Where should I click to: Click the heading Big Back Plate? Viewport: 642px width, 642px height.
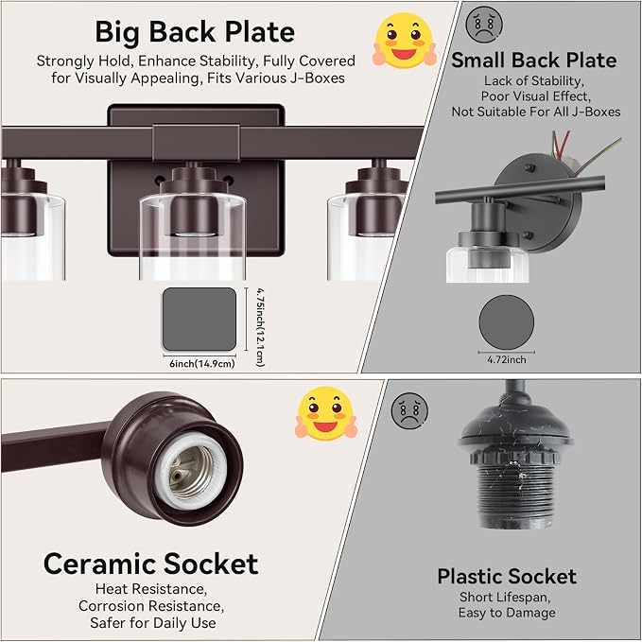coord(195,33)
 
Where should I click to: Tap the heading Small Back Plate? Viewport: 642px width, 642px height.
coord(534,61)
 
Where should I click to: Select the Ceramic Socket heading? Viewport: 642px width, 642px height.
coord(150,564)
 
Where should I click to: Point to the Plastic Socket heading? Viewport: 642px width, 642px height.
coord(507,577)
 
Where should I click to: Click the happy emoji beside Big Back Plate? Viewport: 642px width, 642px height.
coord(405,41)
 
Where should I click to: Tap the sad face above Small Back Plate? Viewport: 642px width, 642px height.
coord(484,24)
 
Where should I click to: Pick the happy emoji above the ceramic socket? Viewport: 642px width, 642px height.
coord(326,412)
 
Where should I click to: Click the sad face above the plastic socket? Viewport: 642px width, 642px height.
coord(409,411)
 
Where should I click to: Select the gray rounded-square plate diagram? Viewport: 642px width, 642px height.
coord(200,320)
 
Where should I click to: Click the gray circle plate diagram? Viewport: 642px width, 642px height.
coord(507,322)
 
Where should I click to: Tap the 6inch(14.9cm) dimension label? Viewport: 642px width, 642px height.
coord(202,364)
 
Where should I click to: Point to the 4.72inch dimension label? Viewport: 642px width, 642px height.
coord(507,359)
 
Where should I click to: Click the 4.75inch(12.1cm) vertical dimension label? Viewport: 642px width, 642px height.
coord(260,327)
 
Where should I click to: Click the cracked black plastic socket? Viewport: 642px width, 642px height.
coord(514,463)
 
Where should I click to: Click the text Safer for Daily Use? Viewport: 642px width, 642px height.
coord(153,623)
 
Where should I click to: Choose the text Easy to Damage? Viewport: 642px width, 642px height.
coord(507,613)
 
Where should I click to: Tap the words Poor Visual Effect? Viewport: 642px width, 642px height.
coord(535,96)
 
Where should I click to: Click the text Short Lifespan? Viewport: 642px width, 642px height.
coord(505,598)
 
